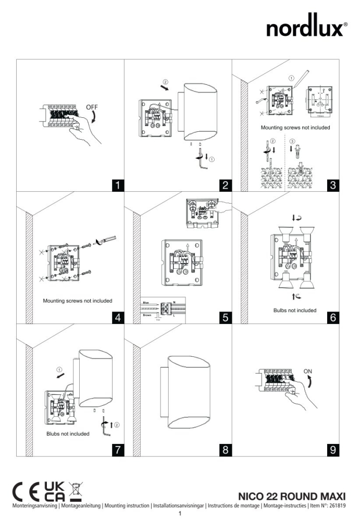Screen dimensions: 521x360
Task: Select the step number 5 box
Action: tap(225, 317)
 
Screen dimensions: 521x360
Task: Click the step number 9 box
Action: tap(333, 450)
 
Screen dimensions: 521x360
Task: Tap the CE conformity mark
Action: tap(27, 491)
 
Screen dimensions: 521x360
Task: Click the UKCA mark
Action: tap(56, 491)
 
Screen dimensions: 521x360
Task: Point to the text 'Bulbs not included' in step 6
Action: tap(294, 311)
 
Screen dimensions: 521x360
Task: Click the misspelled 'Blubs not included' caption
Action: tap(67, 433)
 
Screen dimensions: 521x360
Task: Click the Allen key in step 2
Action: tap(202, 164)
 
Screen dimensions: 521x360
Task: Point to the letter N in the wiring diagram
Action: tap(181, 302)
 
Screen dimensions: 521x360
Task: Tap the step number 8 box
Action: tap(225, 450)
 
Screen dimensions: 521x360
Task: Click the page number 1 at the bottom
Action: tap(180, 514)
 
